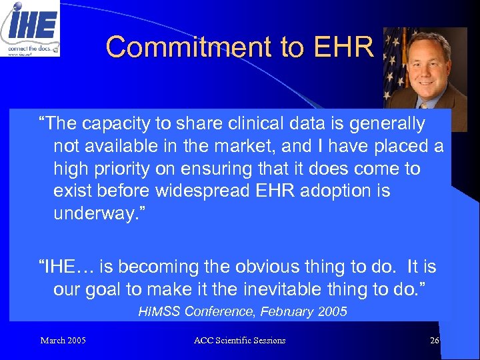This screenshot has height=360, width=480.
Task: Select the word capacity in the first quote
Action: (x=123, y=124)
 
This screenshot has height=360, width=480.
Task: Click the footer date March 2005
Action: (x=63, y=341)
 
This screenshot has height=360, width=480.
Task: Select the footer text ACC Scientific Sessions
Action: (x=239, y=341)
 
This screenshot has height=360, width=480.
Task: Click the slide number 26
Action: (x=434, y=341)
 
